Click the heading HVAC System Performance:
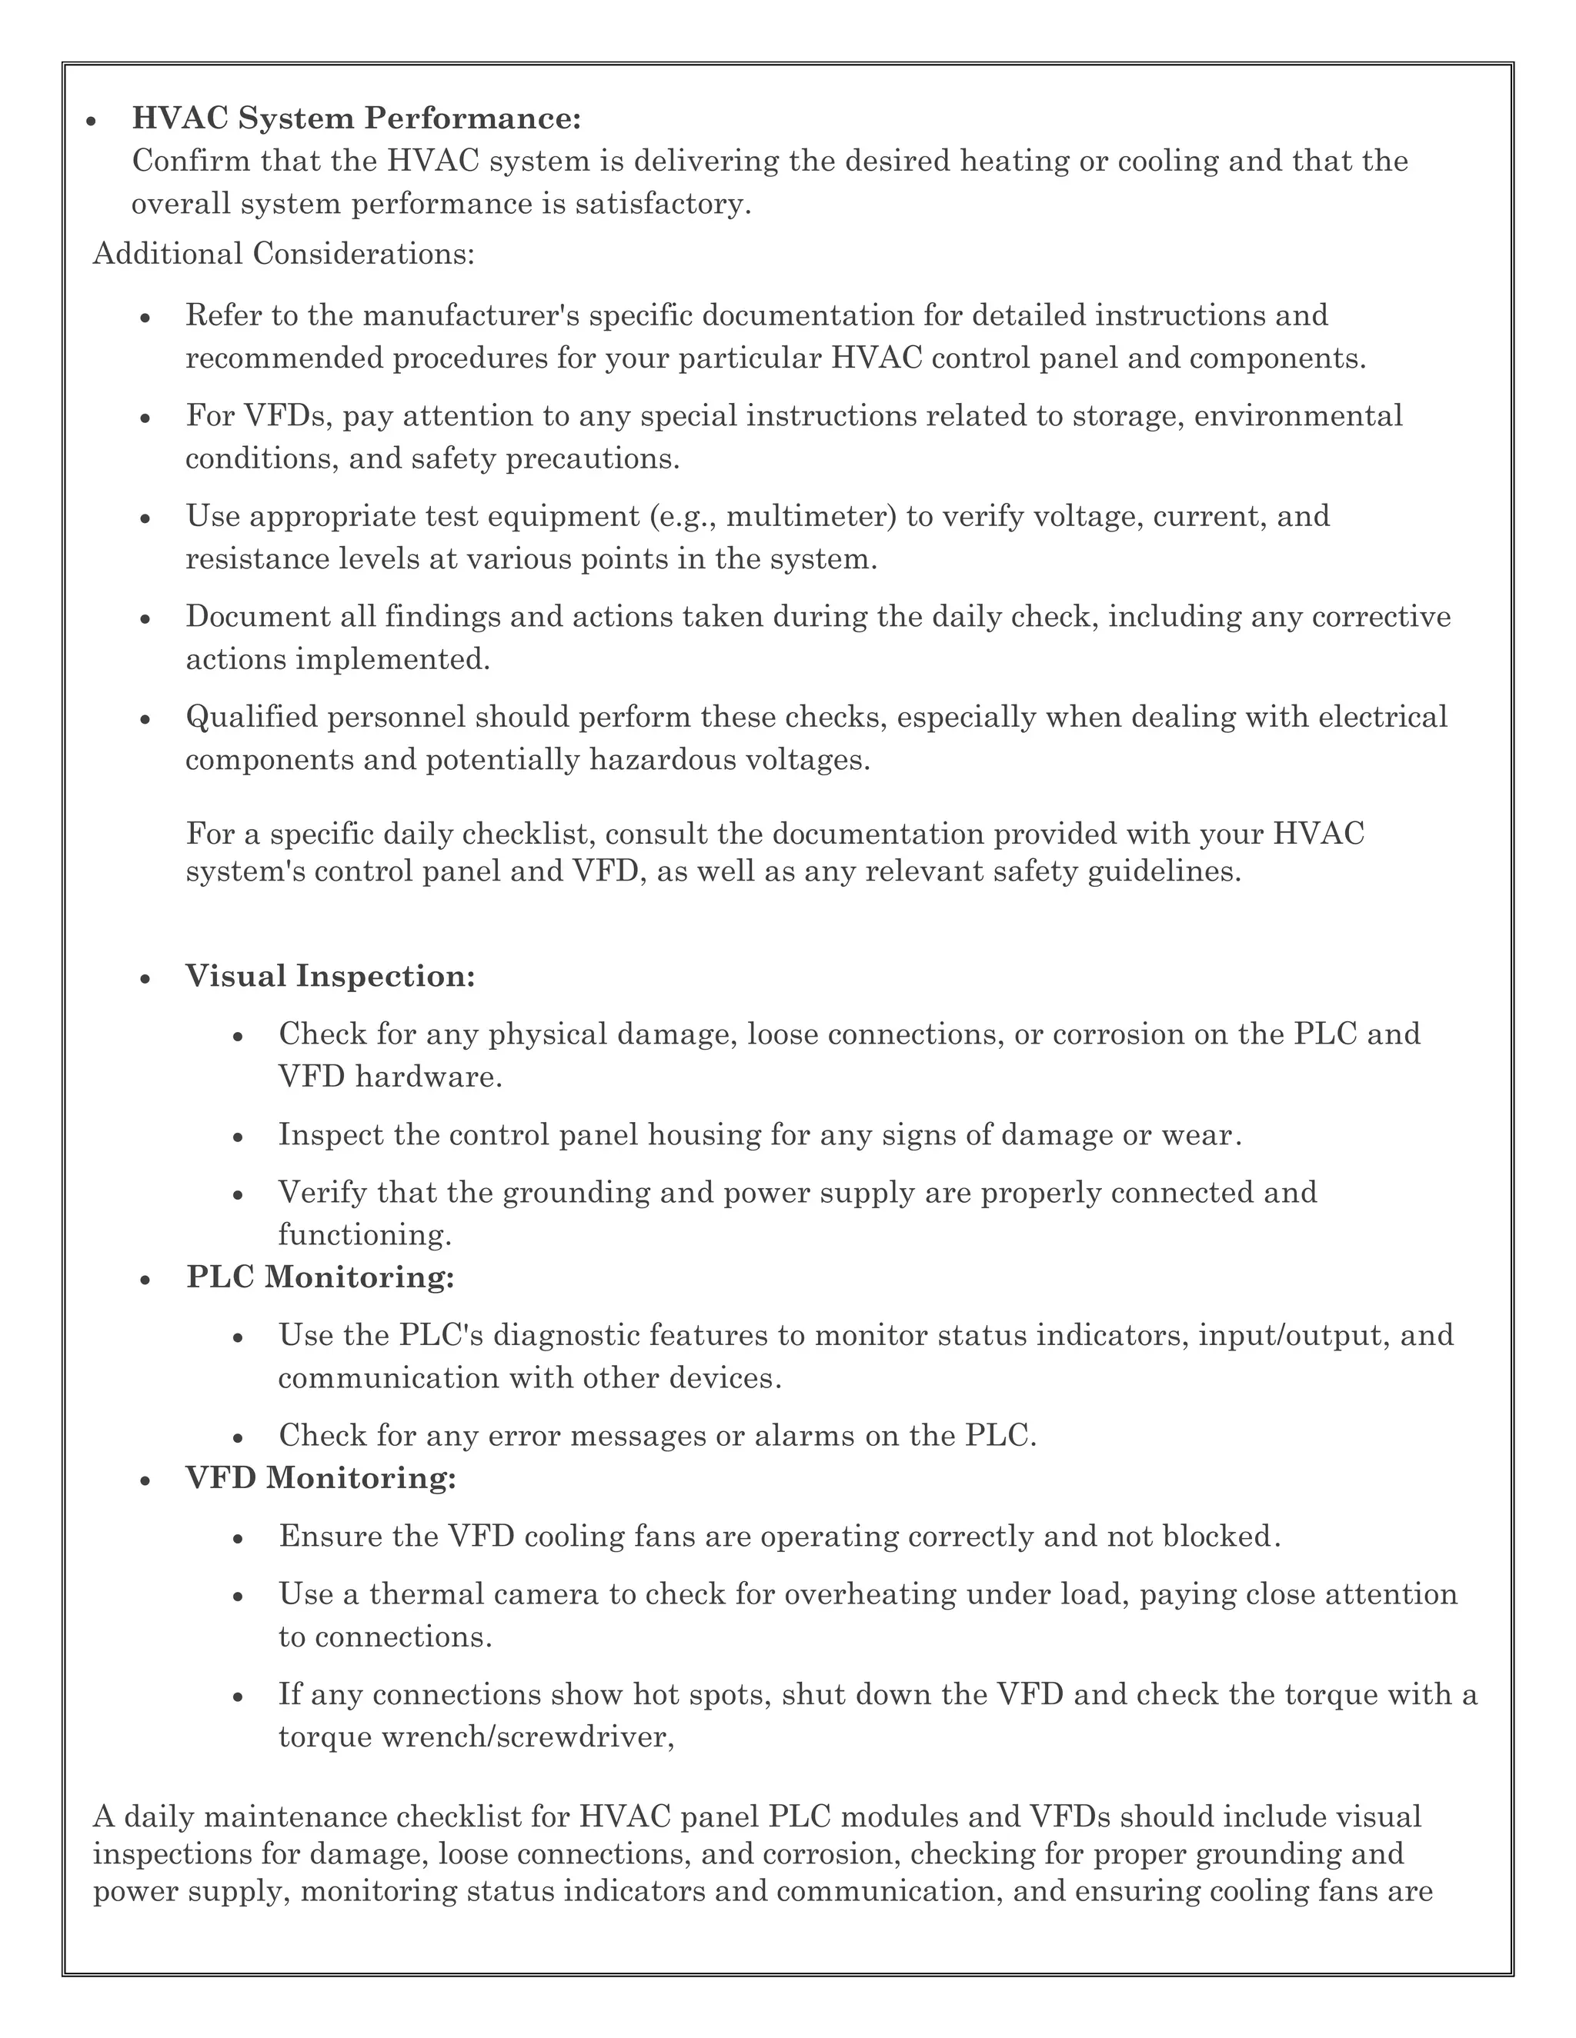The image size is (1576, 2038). (x=356, y=118)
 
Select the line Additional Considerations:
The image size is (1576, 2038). (x=284, y=254)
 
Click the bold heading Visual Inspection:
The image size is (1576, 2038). (x=330, y=976)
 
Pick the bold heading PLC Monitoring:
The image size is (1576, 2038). (x=320, y=1277)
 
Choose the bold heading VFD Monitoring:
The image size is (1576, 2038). (x=321, y=1478)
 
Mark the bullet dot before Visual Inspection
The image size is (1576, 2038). (x=145, y=979)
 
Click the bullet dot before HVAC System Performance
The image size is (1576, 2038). (x=92, y=122)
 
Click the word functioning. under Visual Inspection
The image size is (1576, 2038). (x=365, y=1236)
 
